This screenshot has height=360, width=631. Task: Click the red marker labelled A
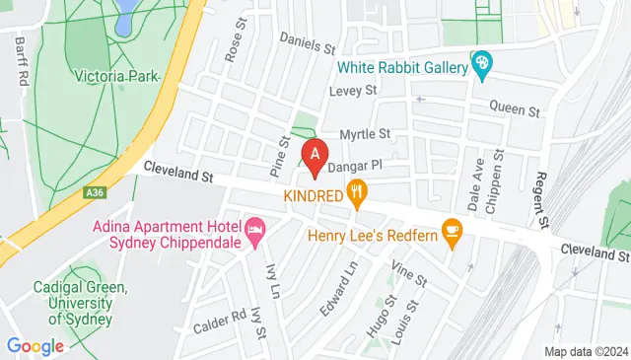tap(315, 155)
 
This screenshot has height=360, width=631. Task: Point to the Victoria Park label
tap(116, 74)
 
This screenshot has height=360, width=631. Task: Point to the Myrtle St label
tap(365, 133)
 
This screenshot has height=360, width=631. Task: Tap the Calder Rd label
tap(219, 318)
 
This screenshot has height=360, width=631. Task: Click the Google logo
tap(35, 346)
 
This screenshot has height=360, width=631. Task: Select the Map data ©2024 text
tap(586, 351)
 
